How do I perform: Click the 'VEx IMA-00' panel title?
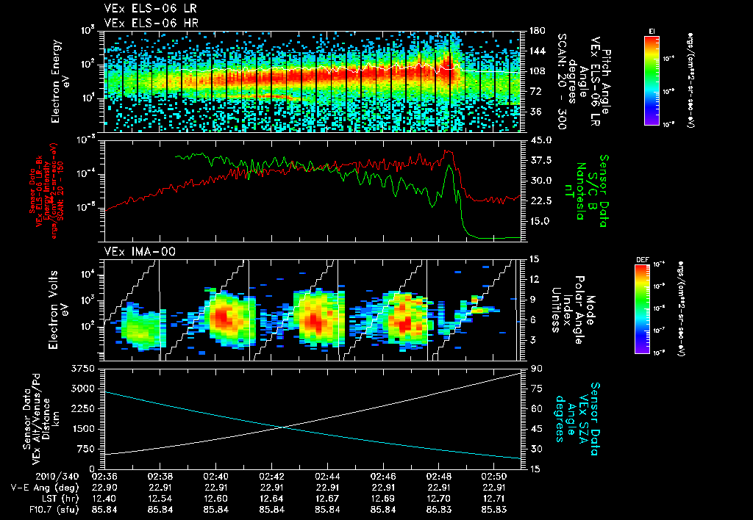[132, 251]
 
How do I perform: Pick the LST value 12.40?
[104, 497]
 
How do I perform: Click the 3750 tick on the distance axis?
[85, 367]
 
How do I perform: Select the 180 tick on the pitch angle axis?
[536, 30]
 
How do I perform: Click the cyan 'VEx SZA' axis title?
[595, 411]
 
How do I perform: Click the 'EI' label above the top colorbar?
[652, 30]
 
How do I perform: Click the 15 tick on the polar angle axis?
[534, 259]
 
